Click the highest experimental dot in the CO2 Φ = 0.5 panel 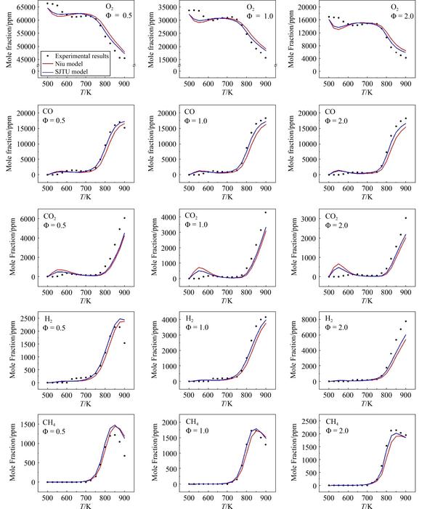pos(124,218)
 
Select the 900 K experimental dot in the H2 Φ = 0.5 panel pos(124,343)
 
